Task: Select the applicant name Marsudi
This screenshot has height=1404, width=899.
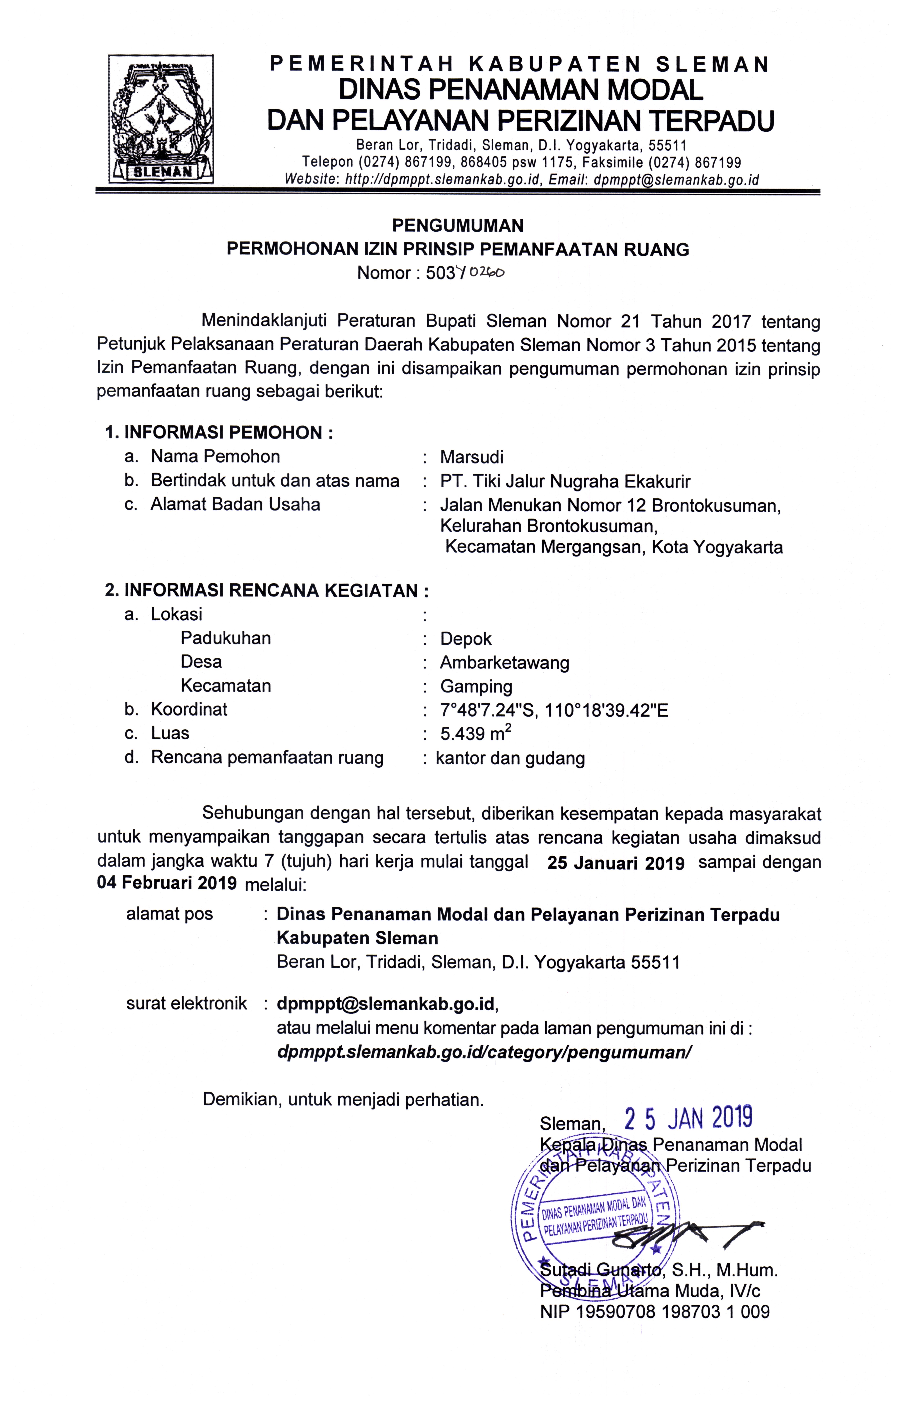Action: [471, 457]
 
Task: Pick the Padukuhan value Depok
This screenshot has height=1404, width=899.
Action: [466, 639]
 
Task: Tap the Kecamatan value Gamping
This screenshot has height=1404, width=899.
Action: [476, 687]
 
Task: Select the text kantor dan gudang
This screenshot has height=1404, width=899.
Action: [510, 758]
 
